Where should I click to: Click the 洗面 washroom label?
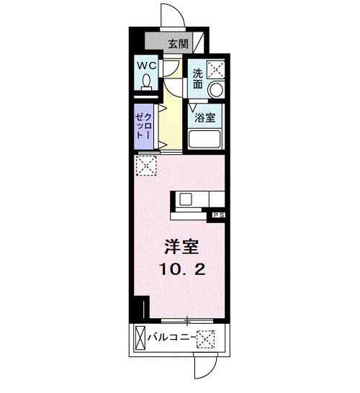pos(197,78)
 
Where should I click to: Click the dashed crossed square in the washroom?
pos(216,70)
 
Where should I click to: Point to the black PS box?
pos(217,214)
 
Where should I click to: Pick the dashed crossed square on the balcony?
pos(207,337)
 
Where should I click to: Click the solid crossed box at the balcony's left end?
pos(138,337)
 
